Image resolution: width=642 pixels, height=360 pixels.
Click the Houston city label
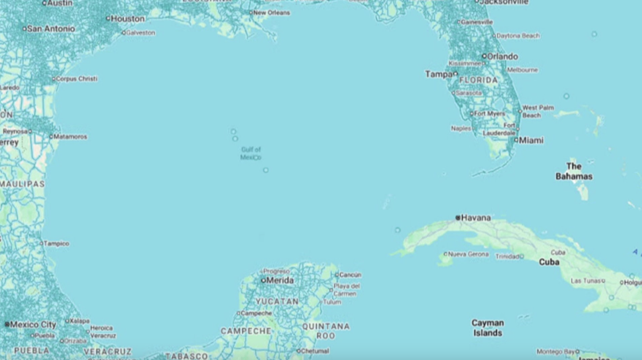[128, 19]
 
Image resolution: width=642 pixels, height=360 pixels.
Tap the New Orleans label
[272, 12]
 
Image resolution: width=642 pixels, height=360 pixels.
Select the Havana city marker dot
[458, 218]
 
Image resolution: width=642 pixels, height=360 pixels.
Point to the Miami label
[531, 140]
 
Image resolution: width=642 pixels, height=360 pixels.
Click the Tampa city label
[439, 74]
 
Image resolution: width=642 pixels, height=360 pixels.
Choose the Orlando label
[502, 56]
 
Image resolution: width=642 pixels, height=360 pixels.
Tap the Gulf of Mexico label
[250, 154]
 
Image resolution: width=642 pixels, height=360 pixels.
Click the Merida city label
[280, 280]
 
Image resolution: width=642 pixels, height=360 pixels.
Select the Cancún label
[350, 275]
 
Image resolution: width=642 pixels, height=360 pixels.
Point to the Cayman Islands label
[487, 328]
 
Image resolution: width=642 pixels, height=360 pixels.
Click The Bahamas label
[574, 171]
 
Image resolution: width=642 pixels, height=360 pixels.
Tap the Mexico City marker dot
[7, 324]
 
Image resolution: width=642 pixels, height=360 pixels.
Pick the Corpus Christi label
[77, 79]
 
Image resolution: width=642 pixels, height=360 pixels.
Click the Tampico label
[57, 243]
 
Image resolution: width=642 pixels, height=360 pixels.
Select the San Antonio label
[51, 28]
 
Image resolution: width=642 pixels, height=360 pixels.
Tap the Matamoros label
[71, 136]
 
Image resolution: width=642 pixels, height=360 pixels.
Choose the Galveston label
[141, 33]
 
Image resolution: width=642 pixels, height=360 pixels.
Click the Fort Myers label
[490, 113]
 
